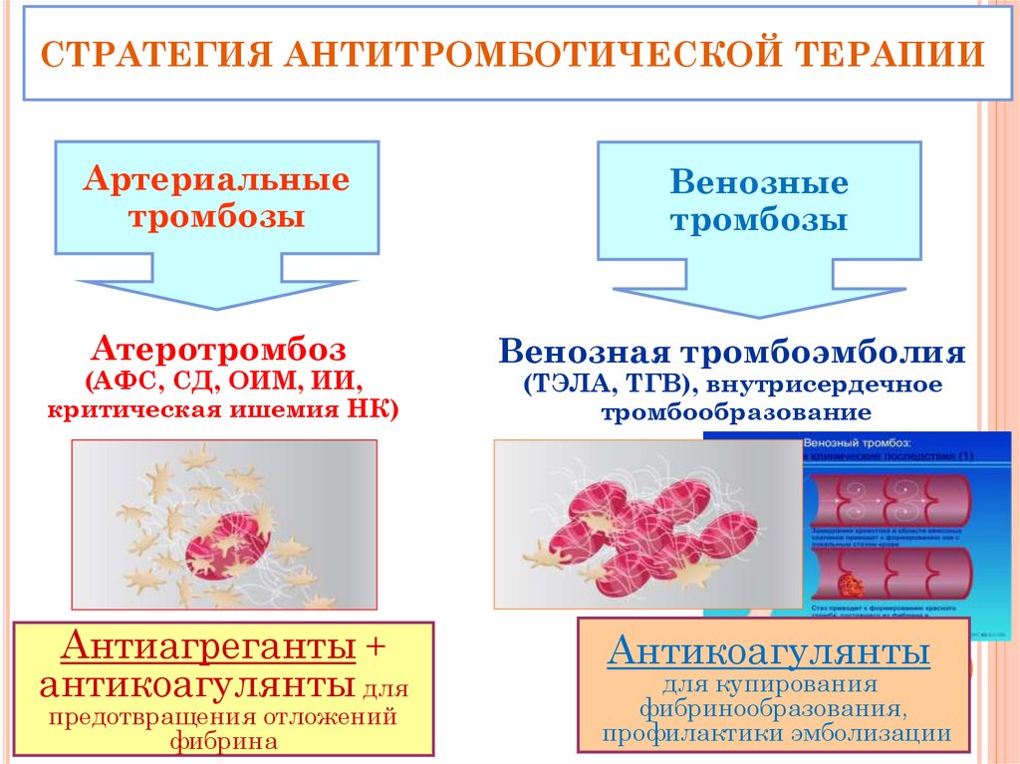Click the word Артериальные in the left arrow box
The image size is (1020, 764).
[x=216, y=180]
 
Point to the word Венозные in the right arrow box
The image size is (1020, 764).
[x=759, y=183]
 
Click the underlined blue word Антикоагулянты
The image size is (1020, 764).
[x=772, y=654]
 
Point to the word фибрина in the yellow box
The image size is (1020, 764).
[x=221, y=740]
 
